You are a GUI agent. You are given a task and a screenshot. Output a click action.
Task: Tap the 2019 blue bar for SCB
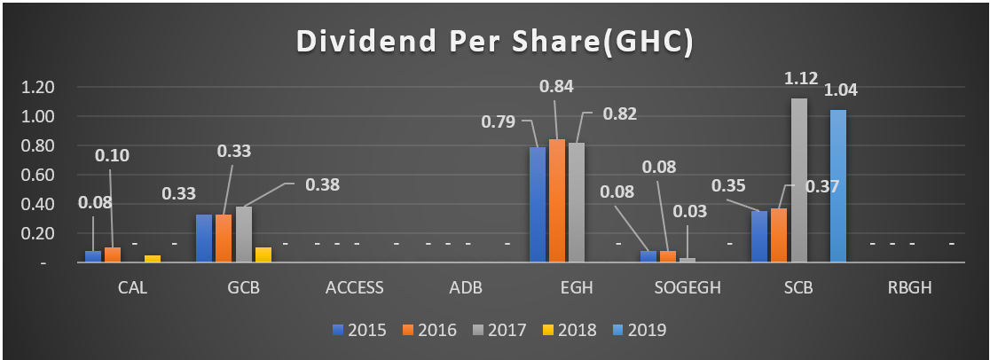[838, 186]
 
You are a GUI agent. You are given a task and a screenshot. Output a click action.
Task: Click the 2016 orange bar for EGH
[557, 201]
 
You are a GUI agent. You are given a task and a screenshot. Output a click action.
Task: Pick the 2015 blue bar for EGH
[538, 205]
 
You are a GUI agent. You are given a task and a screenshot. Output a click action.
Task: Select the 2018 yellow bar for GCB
[263, 255]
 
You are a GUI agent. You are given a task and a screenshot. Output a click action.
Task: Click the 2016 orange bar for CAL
[113, 255]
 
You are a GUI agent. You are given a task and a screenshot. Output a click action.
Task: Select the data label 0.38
[322, 185]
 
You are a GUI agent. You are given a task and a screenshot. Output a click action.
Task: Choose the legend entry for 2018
[570, 330]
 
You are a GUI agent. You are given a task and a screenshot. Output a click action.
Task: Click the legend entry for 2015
[358, 330]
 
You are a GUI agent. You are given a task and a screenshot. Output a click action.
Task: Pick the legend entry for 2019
[640, 330]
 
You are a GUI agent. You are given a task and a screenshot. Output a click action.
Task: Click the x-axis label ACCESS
[355, 287]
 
